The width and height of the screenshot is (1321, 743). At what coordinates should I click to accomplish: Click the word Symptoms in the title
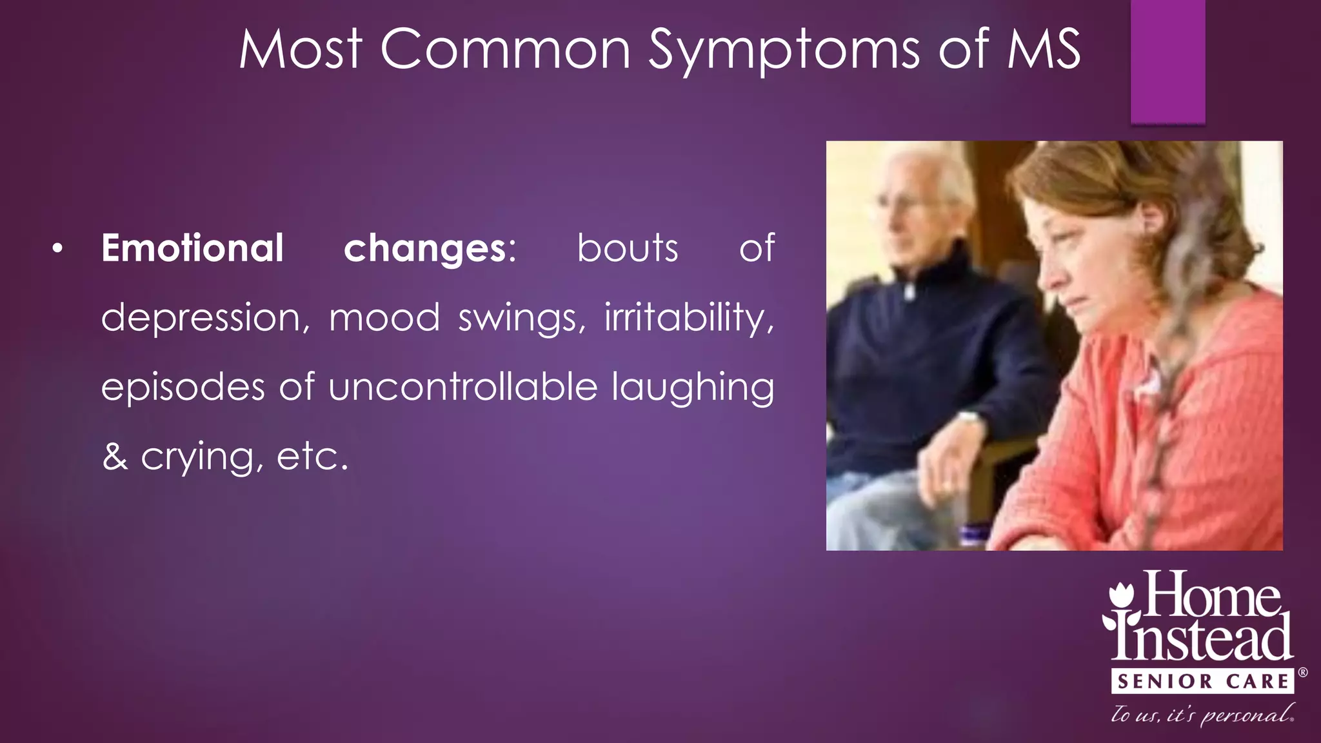(783, 50)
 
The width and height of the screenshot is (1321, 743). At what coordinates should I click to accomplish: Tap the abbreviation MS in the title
(1043, 50)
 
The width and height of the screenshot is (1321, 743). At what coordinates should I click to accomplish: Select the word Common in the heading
(505, 50)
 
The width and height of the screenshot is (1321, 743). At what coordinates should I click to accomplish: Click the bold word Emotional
(192, 248)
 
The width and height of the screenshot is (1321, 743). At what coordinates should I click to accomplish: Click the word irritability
(689, 317)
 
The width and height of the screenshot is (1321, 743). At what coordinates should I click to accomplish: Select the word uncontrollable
(463, 387)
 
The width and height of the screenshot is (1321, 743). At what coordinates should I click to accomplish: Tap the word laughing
(693, 388)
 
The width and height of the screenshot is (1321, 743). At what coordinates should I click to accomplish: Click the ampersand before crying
(115, 457)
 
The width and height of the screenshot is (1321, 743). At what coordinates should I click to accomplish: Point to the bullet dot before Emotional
(58, 249)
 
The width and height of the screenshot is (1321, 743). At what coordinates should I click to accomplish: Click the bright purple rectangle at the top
(1167, 61)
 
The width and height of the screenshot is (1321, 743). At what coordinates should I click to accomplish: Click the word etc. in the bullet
(312, 457)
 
